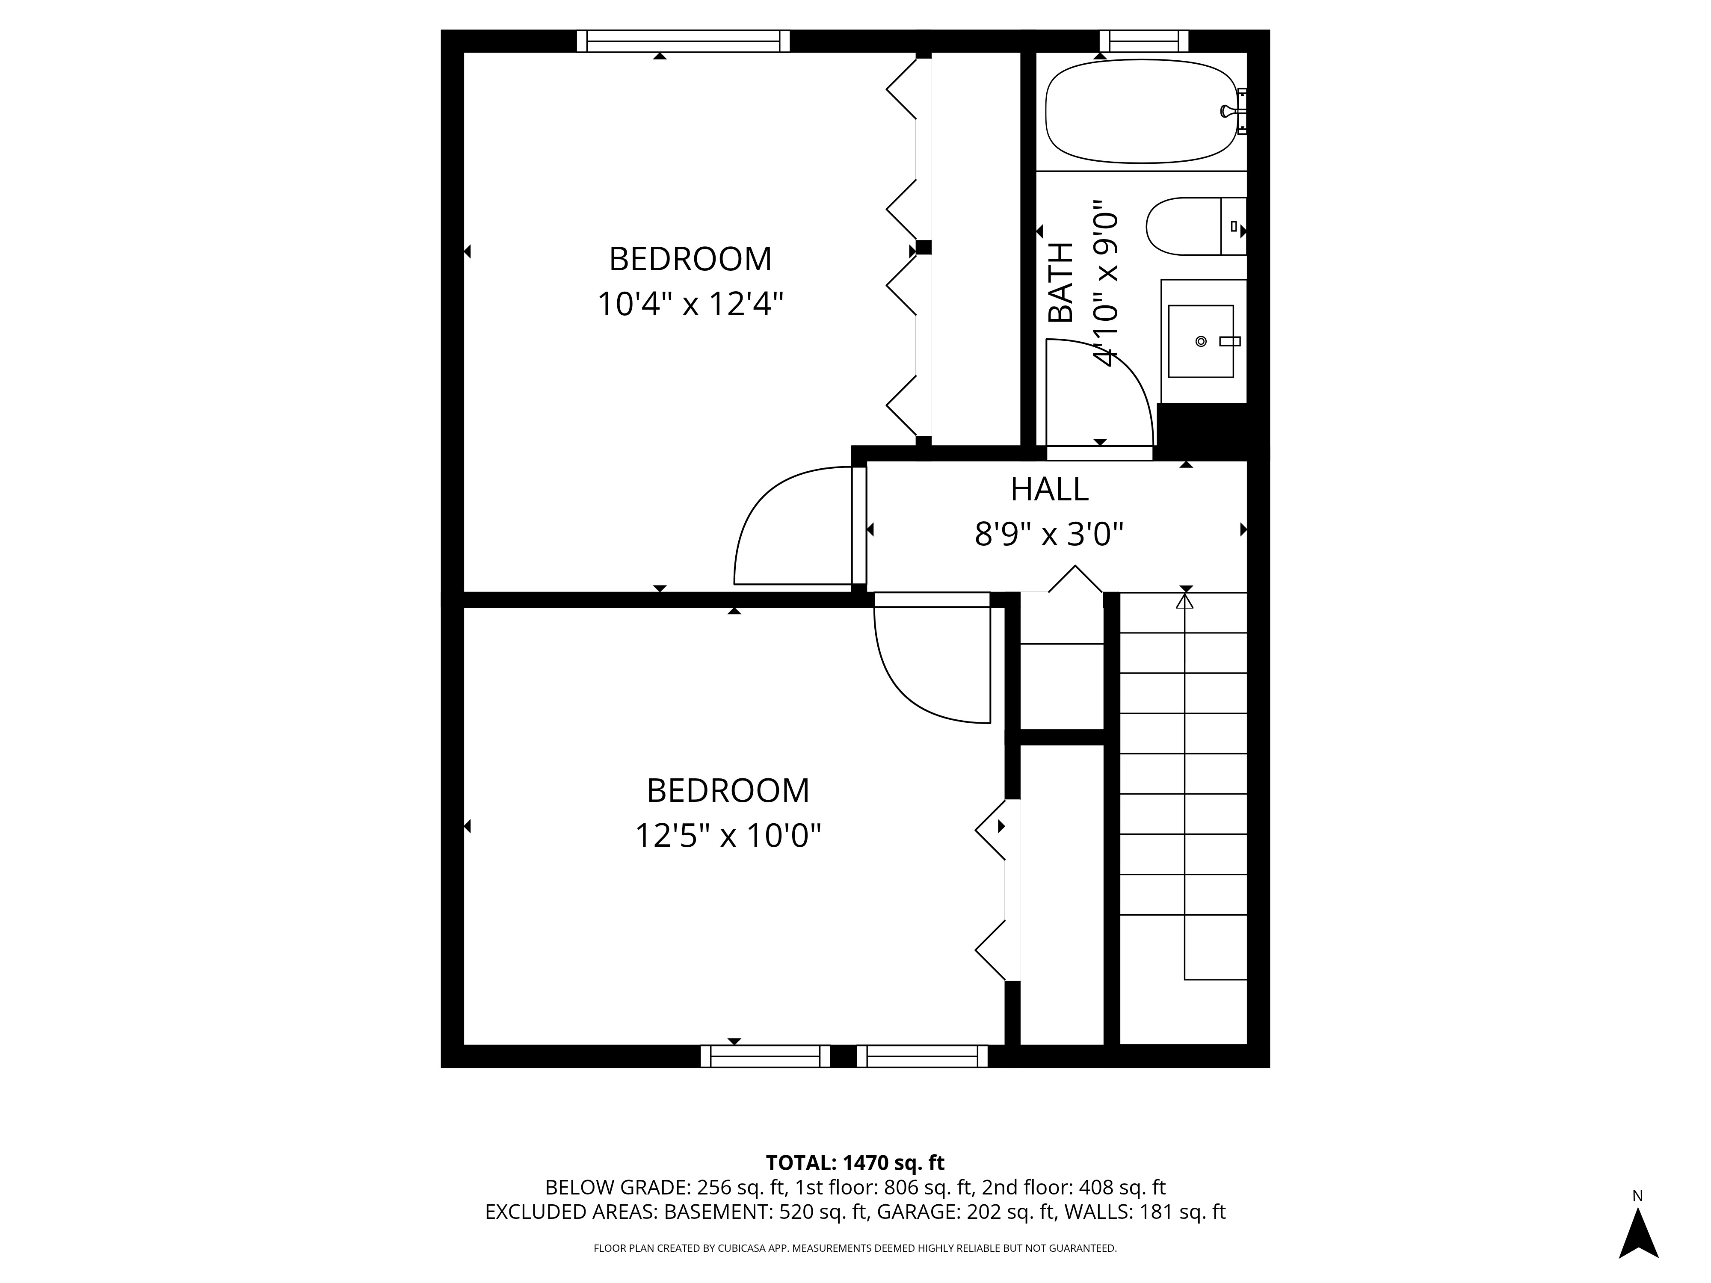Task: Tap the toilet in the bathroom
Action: click(x=1191, y=227)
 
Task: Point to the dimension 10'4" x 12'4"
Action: click(x=690, y=304)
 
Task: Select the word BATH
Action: click(x=1060, y=282)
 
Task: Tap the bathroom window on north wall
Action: click(x=1143, y=41)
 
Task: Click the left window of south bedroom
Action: click(x=764, y=1056)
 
